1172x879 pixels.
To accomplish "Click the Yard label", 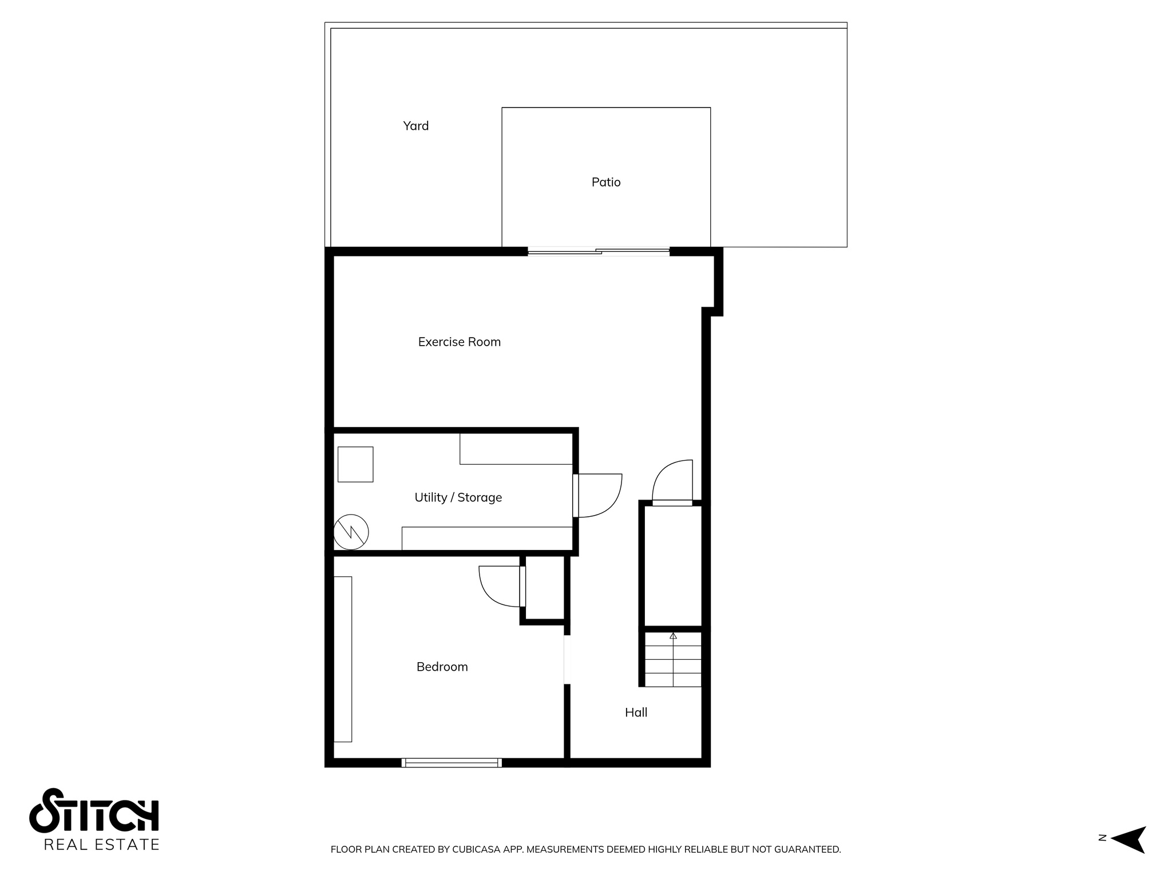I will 415,126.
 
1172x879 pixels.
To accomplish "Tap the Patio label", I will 606,182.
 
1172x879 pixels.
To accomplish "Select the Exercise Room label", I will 459,342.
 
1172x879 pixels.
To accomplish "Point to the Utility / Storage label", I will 458,497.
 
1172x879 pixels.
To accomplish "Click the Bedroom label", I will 442,667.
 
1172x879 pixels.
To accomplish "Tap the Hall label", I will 636,712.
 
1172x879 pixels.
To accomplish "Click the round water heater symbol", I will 351,532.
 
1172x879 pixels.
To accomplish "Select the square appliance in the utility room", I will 355,464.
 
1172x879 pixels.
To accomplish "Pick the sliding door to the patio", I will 598,251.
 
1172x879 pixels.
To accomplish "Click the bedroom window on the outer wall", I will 452,762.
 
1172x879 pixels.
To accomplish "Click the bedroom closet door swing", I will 500,585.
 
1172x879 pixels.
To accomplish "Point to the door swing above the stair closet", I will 673,481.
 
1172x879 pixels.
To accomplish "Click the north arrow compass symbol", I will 1127,840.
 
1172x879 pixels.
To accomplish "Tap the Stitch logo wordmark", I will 94,811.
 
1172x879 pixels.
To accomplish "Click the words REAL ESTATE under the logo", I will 101,845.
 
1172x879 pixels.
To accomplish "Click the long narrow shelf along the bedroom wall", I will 343,659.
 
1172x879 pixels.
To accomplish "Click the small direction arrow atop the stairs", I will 673,636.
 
